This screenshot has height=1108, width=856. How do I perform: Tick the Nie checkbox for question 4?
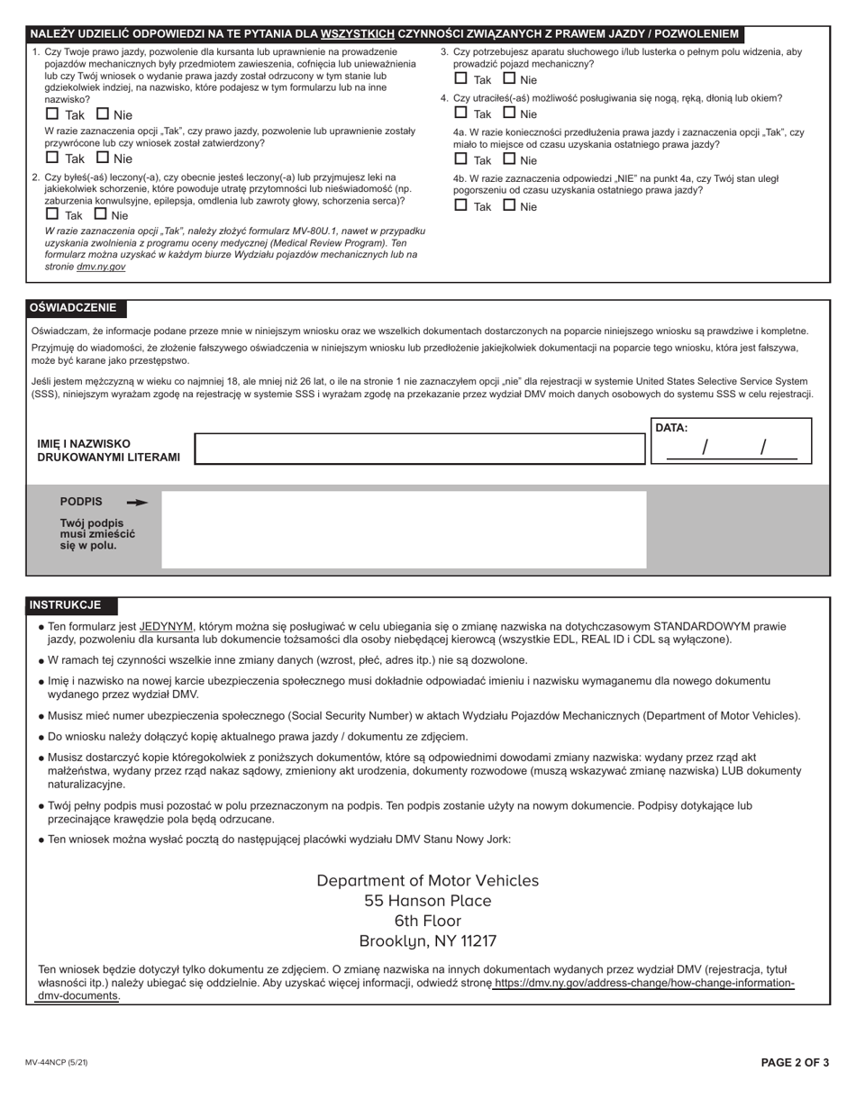click(x=509, y=114)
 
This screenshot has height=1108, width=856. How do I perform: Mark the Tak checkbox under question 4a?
click(x=460, y=159)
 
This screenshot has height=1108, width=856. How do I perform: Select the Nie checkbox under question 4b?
click(x=509, y=205)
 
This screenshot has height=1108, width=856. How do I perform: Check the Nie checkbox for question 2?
click(x=100, y=215)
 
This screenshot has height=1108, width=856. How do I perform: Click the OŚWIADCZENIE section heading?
click(x=73, y=308)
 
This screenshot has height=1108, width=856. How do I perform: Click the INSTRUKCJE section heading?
click(x=65, y=605)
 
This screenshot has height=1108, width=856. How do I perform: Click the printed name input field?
click(x=420, y=449)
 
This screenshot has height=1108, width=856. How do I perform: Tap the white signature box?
click(x=404, y=530)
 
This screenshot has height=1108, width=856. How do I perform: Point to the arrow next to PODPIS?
click(x=137, y=503)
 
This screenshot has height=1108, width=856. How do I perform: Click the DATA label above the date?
click(x=671, y=428)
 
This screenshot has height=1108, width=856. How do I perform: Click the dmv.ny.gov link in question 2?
click(x=101, y=267)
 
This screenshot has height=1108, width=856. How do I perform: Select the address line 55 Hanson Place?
click(x=428, y=901)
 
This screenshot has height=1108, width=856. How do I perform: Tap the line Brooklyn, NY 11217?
click(x=428, y=941)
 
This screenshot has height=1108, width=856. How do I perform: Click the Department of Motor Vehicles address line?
click(x=428, y=880)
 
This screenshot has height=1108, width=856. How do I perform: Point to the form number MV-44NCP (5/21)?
click(x=57, y=1063)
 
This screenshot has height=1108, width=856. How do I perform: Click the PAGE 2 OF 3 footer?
click(x=795, y=1063)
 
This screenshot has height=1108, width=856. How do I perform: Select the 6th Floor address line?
click(x=428, y=921)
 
